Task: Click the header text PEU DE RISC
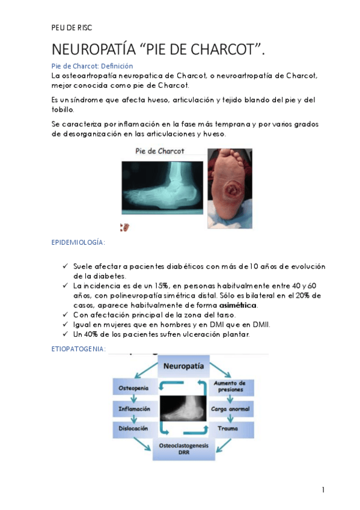tap(72, 28)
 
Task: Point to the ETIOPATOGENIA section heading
tap(79, 348)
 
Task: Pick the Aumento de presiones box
tap(228, 387)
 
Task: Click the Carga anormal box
tap(228, 409)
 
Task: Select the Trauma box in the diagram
tap(228, 429)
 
